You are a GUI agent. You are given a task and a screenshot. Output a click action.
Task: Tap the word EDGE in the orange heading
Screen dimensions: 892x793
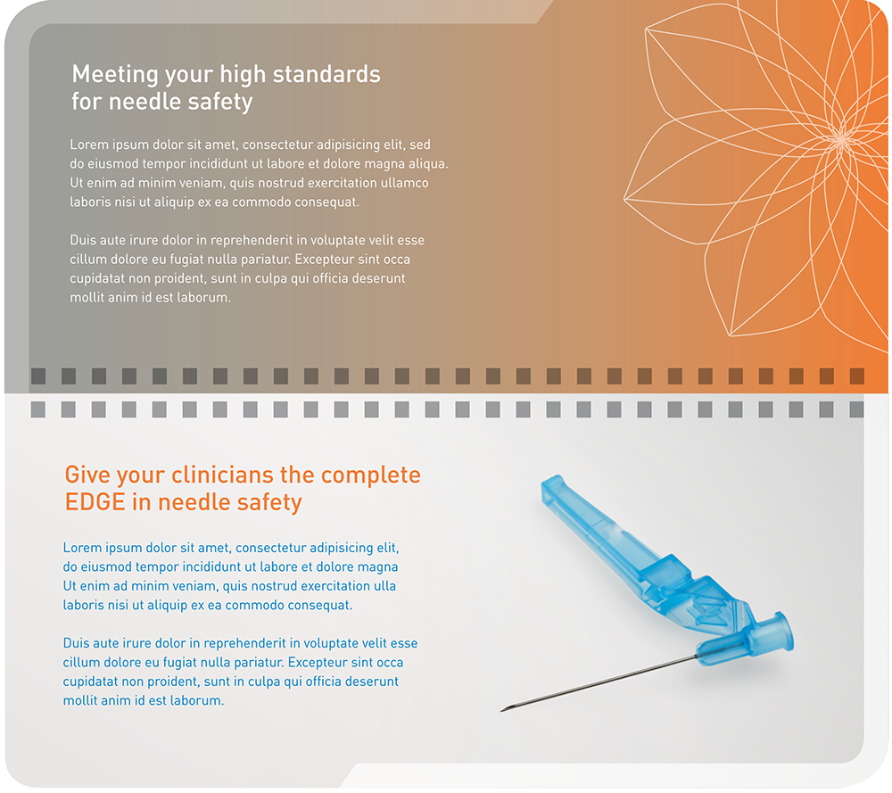point(95,502)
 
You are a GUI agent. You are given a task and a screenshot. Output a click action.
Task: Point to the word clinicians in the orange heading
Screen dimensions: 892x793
point(239,475)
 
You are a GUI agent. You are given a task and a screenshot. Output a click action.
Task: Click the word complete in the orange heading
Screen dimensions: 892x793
point(371,475)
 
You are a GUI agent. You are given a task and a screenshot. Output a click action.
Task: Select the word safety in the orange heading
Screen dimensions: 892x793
point(269,503)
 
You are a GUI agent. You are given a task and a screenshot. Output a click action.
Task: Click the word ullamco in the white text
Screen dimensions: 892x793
point(404,183)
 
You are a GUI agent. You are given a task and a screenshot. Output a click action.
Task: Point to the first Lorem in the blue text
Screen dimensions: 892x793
point(81,548)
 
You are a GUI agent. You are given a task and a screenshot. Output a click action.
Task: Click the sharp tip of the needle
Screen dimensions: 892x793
point(501,711)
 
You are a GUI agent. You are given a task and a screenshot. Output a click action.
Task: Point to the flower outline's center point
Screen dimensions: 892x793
point(841,137)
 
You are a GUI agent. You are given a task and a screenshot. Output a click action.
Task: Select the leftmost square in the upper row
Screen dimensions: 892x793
point(38,376)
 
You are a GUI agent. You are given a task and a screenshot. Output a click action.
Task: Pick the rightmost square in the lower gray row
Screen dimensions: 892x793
point(856,409)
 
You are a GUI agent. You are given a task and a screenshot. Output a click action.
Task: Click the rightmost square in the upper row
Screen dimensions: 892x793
point(856,376)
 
